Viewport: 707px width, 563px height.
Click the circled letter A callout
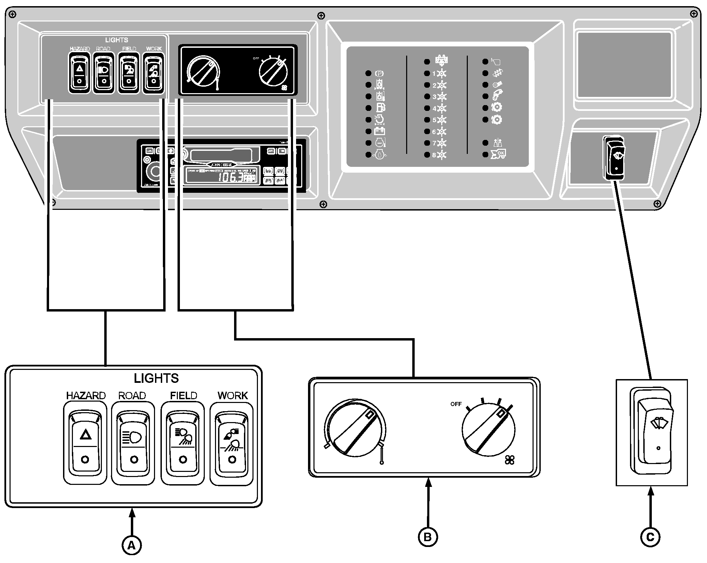click(132, 546)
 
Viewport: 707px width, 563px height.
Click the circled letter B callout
click(428, 537)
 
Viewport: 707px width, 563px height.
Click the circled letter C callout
click(650, 537)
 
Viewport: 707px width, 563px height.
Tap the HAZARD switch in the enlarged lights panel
click(85, 443)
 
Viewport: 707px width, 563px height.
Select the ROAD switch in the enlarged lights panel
click(133, 443)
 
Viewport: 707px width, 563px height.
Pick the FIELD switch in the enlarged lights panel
click(183, 443)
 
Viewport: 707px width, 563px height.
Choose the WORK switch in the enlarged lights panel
click(232, 443)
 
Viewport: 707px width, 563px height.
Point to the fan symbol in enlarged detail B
click(510, 460)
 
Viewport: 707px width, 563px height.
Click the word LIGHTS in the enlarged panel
click(156, 378)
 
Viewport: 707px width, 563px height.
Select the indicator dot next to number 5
click(427, 120)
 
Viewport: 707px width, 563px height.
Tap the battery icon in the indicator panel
click(380, 131)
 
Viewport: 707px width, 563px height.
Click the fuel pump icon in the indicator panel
click(380, 108)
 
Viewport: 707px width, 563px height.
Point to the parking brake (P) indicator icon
click(379, 73)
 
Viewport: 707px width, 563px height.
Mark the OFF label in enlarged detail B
click(456, 404)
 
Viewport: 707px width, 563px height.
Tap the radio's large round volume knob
click(156, 172)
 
